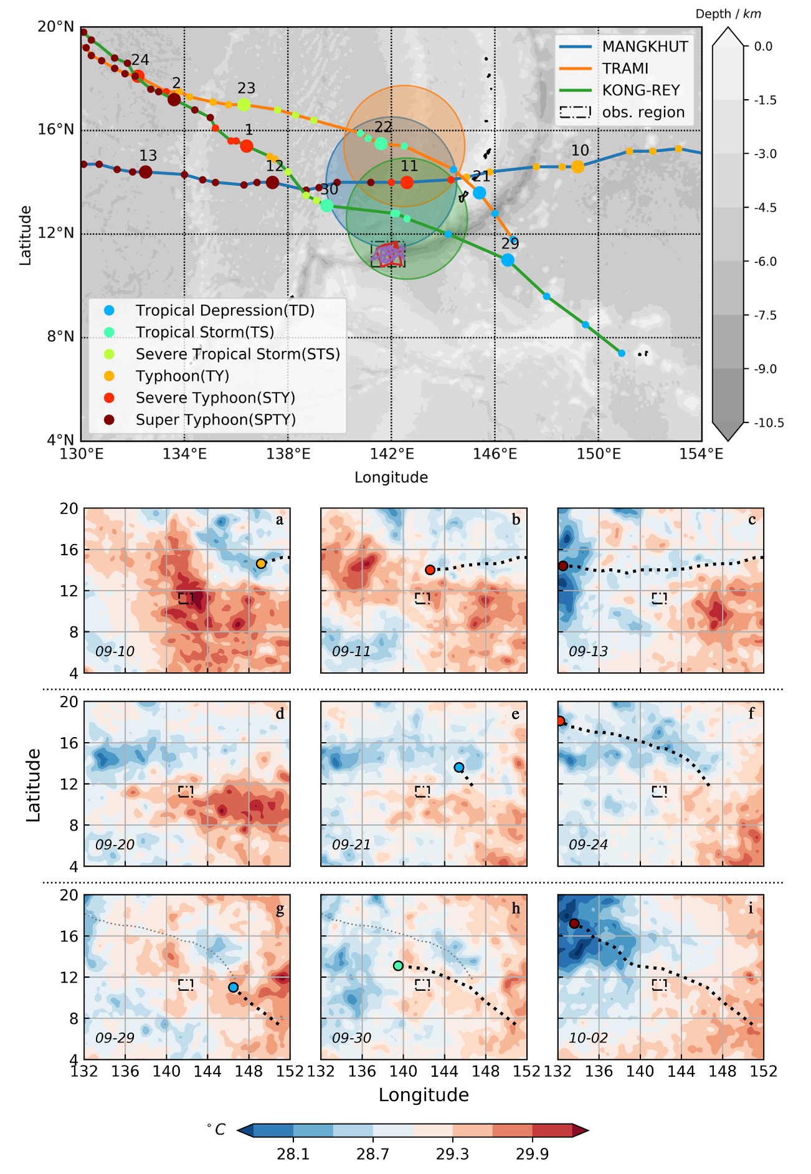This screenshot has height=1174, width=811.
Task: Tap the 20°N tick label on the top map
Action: tap(56, 27)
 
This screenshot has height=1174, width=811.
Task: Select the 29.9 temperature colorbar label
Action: tap(532, 1154)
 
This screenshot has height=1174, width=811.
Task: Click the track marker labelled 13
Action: tap(145, 172)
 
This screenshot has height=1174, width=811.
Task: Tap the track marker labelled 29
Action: tap(508, 260)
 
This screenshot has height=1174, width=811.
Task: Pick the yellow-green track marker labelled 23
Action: tap(244, 105)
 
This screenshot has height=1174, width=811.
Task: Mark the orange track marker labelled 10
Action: tap(577, 167)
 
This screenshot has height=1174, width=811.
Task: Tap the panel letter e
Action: tap(515, 714)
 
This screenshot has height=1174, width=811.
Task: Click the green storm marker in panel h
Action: tap(398, 966)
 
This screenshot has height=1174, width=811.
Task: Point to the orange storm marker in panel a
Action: tap(261, 563)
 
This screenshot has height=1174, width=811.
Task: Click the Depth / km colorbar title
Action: tap(728, 14)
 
